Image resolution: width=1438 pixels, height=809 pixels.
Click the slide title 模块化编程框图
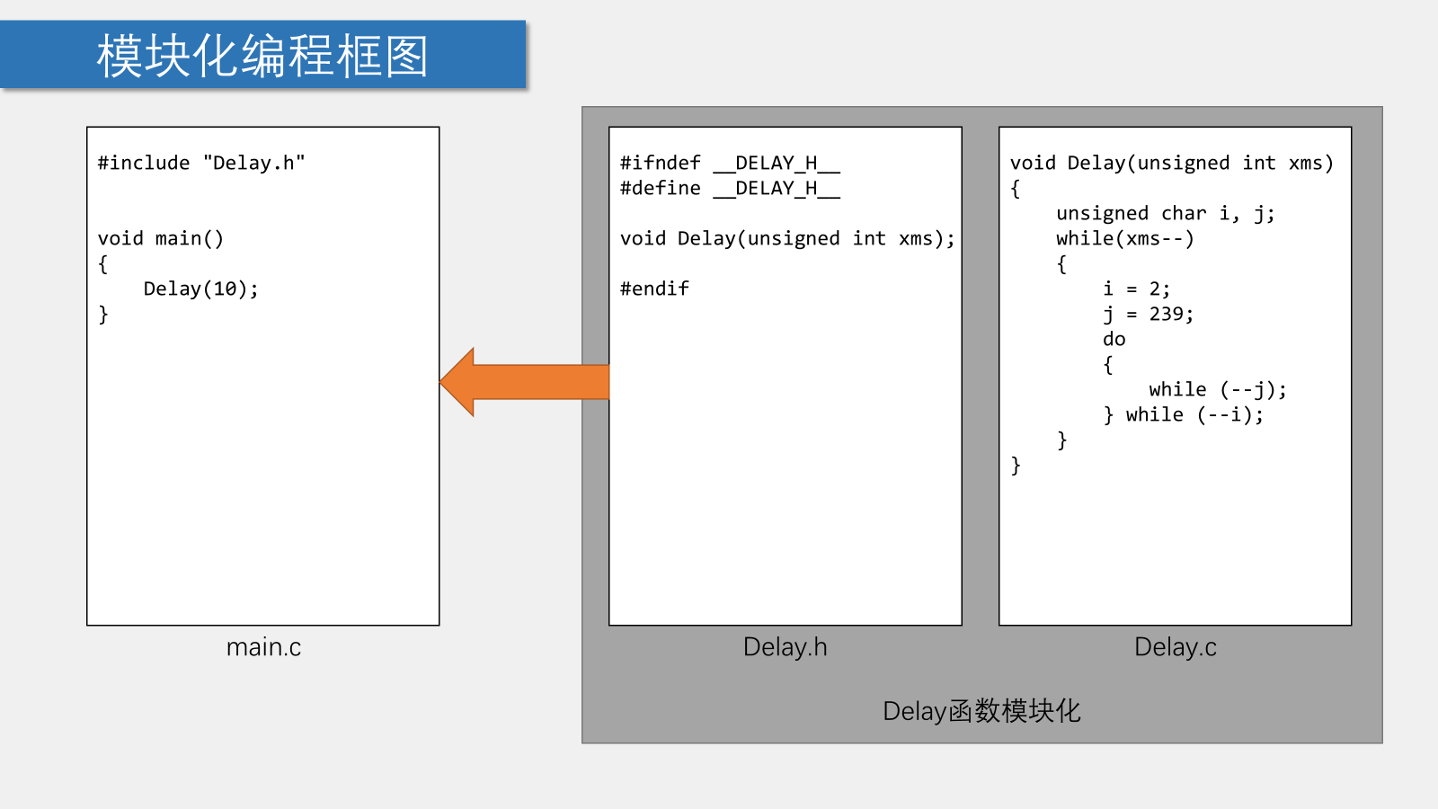coord(262,56)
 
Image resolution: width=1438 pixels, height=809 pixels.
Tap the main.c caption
coord(263,647)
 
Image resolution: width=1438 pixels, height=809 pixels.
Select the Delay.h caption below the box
coord(785,647)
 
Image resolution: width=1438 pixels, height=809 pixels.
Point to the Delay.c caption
coord(1175,647)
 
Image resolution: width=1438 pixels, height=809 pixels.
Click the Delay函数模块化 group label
coord(981,711)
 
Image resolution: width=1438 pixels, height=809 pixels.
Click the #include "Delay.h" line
coord(201,163)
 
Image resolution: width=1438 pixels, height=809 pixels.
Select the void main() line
coord(161,238)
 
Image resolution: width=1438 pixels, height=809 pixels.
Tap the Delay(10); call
coord(200,289)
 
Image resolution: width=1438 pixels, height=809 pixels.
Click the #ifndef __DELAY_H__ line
coord(730,163)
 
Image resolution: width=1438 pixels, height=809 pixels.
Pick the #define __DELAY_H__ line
coord(730,188)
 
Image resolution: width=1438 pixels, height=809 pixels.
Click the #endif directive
coord(654,289)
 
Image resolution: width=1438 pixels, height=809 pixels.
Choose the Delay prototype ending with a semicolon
coord(787,238)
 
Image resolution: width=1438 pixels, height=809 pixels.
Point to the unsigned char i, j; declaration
coord(1165,213)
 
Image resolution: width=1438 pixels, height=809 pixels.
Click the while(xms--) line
coord(1124,238)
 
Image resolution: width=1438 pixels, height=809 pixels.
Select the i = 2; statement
coord(1136,289)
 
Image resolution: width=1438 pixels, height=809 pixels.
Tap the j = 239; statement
coord(1148,314)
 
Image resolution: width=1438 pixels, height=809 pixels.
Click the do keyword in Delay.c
coord(1114,339)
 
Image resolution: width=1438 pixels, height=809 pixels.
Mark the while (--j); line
coord(1217,389)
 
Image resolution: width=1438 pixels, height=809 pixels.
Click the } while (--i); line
coord(1183,414)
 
